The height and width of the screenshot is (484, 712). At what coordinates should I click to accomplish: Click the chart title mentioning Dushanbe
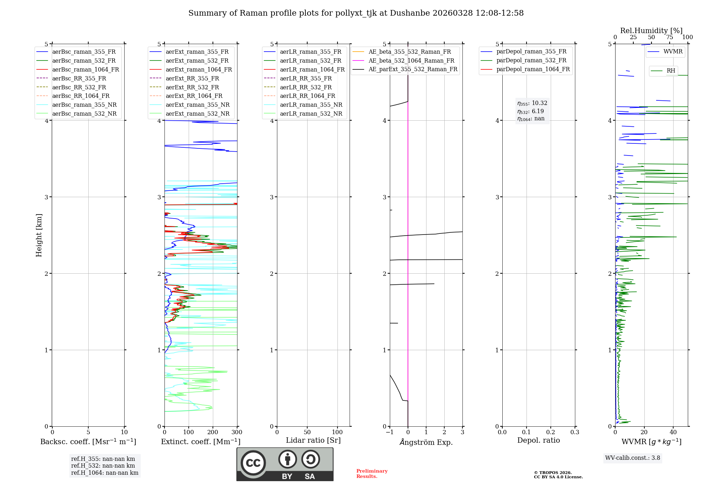point(356,13)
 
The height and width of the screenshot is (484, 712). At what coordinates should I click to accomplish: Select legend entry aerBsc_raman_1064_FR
point(85,69)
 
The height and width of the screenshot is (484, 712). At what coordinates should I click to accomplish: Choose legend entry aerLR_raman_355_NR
point(311,105)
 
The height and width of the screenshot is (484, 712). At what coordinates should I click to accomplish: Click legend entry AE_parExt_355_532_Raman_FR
point(413,69)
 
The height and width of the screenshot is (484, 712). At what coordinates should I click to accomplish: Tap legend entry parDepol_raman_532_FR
point(531,60)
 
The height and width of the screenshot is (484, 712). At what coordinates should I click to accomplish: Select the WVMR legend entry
point(673,52)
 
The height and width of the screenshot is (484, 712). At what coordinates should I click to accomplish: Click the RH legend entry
point(671,71)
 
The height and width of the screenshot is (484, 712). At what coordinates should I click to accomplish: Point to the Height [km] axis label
point(39,235)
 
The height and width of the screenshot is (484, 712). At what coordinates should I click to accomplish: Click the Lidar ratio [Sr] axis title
point(313,440)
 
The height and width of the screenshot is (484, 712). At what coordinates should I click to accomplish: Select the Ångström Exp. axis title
point(426,442)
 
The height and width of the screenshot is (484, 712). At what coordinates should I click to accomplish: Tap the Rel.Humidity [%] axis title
point(651,31)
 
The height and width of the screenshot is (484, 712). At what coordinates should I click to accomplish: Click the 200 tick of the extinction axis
point(213,432)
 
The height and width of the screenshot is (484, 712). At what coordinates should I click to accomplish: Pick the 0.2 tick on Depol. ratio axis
point(551,432)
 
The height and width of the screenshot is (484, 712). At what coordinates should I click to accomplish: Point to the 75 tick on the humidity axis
point(670,37)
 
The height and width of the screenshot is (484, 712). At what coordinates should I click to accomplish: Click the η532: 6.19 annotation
point(530,111)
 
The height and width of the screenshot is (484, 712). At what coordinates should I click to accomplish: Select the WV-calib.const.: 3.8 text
point(633,458)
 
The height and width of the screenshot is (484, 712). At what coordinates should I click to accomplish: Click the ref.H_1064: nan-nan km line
point(105,473)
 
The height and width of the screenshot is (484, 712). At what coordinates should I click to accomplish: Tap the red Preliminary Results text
point(372,474)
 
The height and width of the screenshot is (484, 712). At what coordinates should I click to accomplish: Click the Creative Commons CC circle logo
point(253,463)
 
